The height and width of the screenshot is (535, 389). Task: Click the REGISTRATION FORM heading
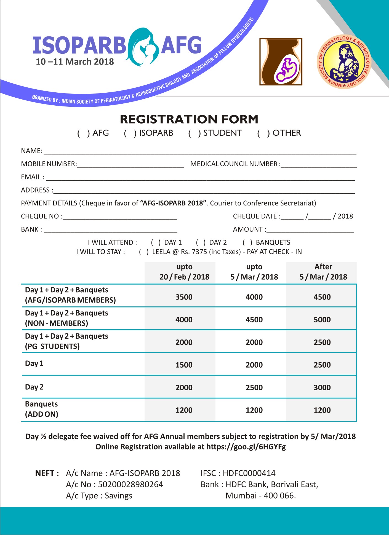point(189,119)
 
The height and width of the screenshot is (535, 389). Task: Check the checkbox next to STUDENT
point(194,133)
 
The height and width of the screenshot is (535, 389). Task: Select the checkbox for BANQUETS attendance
point(247,242)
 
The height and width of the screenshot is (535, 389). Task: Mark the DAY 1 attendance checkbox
point(156,242)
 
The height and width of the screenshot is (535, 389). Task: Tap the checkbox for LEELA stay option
point(143,252)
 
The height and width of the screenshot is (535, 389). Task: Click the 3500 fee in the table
point(184,297)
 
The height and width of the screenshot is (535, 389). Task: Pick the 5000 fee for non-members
point(322,320)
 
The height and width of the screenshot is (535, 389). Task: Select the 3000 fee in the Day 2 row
point(322,387)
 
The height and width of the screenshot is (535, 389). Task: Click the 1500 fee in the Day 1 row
point(184,365)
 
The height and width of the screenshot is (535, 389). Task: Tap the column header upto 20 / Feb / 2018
point(184,272)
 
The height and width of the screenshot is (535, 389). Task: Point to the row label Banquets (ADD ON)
point(42,409)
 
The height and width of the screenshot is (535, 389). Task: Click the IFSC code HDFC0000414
point(249,473)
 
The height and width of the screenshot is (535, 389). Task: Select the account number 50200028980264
point(130,485)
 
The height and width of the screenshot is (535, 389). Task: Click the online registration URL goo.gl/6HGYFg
point(246,447)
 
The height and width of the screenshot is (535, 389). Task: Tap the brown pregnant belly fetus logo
point(281,61)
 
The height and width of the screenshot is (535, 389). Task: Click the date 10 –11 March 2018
point(75,61)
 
